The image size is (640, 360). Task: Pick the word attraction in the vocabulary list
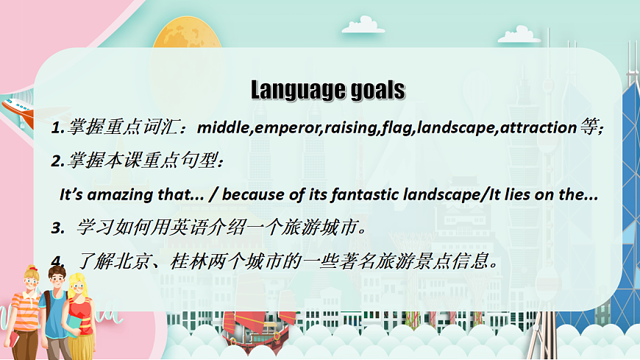click(538, 128)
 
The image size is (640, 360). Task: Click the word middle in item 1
click(224, 127)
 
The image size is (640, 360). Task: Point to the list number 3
click(57, 228)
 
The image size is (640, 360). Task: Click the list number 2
click(57, 161)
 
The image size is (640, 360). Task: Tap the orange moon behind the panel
click(187, 32)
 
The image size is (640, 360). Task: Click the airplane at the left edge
click(18, 111)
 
